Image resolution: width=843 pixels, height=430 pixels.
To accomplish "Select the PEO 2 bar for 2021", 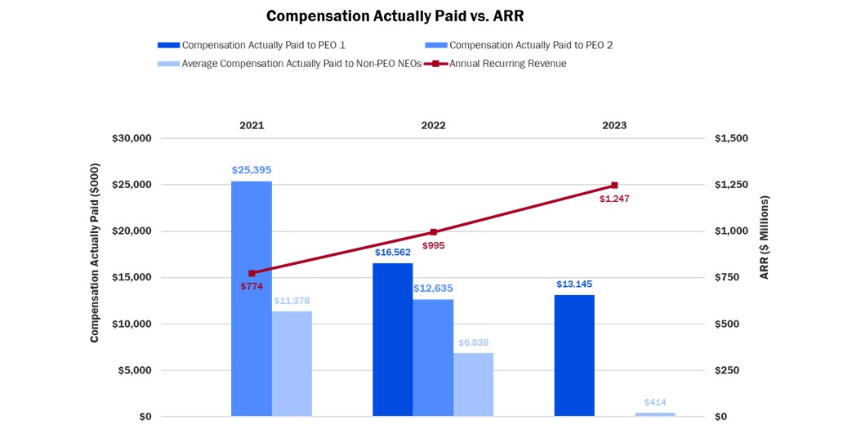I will point(252,298).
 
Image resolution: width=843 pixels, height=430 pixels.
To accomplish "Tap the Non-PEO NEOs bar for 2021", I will point(292,364).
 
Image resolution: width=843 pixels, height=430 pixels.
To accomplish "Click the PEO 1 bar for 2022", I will point(393,339).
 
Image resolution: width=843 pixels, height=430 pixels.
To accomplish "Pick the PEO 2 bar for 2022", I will point(433,357).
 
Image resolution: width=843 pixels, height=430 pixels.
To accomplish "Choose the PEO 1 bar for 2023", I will point(574,356).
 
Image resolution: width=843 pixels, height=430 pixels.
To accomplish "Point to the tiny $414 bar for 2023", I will point(656,414).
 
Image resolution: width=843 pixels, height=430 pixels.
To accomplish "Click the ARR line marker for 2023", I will point(614,186).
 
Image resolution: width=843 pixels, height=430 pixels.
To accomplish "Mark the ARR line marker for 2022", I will point(433,232).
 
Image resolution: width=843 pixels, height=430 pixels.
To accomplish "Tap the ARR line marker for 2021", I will point(252,273).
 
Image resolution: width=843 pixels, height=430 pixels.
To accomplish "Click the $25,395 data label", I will point(252,170).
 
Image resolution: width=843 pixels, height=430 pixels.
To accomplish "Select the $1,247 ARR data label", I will point(614,199).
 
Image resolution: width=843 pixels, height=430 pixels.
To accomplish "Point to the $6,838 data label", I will point(473,343).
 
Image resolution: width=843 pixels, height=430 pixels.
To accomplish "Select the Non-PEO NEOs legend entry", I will point(290,63).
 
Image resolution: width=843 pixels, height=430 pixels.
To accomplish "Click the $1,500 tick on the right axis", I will point(731,138).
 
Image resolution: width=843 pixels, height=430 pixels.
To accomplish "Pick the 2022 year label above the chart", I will point(433,125).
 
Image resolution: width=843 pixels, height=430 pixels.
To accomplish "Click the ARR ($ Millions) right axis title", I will point(765,238).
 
